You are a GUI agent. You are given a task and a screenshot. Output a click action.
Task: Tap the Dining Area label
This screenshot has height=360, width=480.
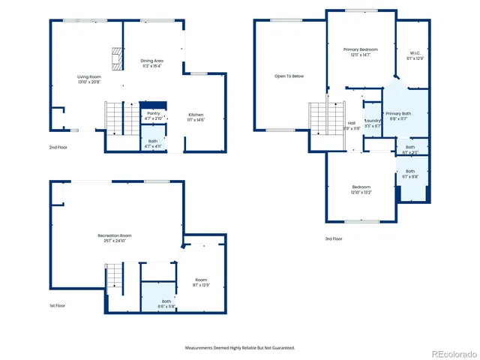[x=152, y=60]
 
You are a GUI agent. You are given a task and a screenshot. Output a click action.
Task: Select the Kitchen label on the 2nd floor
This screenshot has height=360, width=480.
[x=196, y=115]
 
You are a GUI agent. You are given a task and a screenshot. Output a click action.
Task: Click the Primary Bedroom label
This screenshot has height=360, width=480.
[x=361, y=49]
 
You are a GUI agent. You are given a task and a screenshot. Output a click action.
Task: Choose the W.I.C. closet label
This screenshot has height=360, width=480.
[x=414, y=53]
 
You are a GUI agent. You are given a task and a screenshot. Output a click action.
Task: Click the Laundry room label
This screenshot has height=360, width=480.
[x=373, y=120]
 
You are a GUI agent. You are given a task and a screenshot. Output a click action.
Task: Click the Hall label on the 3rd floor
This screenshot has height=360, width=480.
[x=352, y=123]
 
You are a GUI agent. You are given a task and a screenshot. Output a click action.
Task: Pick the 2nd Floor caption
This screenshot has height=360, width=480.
[x=58, y=147]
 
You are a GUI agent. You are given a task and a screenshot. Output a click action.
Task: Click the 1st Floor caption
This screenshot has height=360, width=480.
[x=58, y=305]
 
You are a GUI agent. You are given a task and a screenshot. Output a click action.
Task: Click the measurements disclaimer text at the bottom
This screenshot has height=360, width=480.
[x=240, y=347]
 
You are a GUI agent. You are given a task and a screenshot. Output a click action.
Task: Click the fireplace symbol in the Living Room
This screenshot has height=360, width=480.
[x=116, y=59]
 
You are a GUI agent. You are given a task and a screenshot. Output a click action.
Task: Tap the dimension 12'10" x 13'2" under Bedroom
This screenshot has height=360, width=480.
[x=361, y=192]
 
